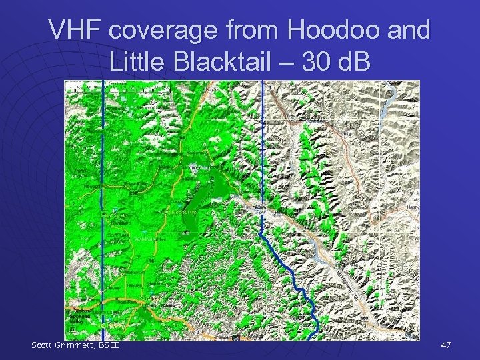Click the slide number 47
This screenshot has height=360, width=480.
pos(447,345)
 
